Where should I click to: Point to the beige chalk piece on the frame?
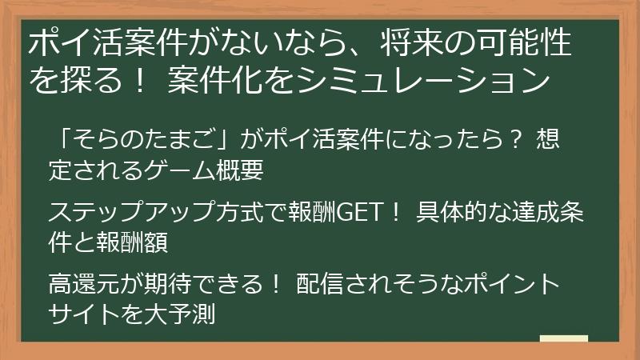563,338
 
